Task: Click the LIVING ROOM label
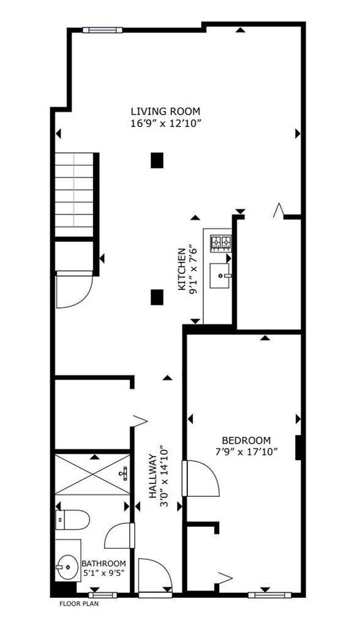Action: pyautogui.click(x=165, y=111)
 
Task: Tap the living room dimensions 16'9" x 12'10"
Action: pyautogui.click(x=165, y=123)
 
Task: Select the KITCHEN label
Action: pyautogui.click(x=181, y=270)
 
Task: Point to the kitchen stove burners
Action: pyautogui.click(x=220, y=244)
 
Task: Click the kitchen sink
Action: pyautogui.click(x=220, y=275)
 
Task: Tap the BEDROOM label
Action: pyautogui.click(x=246, y=440)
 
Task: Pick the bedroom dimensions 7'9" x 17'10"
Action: pyautogui.click(x=246, y=452)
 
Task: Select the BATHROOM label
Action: pyautogui.click(x=104, y=564)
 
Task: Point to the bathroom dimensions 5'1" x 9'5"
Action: pyautogui.click(x=104, y=575)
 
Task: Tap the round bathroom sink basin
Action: pyautogui.click(x=66, y=567)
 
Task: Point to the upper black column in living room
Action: pyautogui.click(x=157, y=160)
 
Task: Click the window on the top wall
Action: pyautogui.click(x=103, y=29)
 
